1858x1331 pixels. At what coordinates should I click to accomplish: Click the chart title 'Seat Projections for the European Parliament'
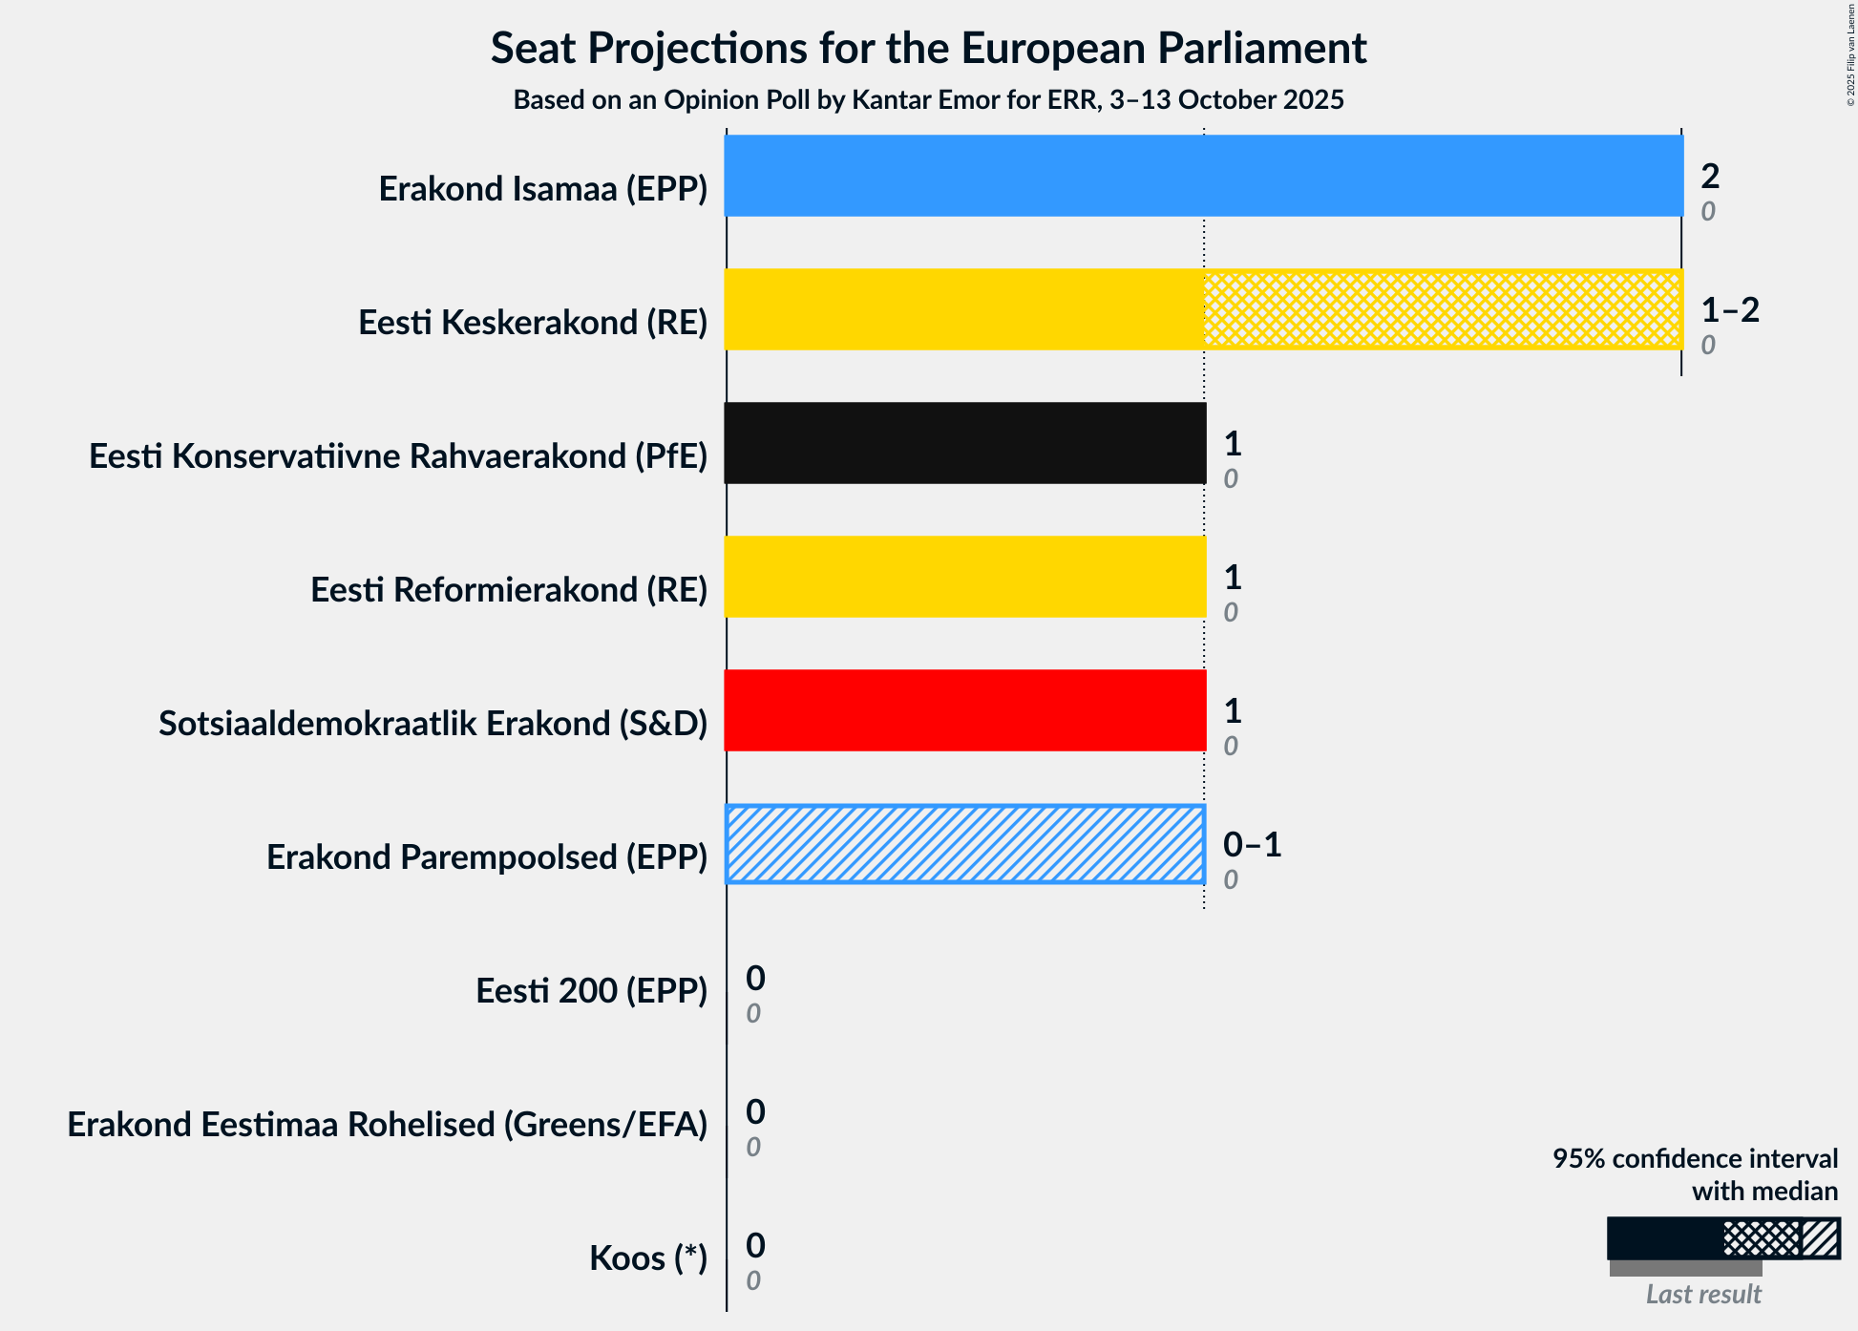point(928,48)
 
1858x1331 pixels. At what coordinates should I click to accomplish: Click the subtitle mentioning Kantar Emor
point(928,100)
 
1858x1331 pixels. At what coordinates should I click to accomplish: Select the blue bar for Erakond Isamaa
point(1203,176)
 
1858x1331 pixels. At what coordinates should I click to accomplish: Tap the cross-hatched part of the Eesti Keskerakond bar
point(1442,309)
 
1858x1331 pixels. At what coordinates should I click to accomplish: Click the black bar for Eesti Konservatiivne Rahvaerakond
point(964,443)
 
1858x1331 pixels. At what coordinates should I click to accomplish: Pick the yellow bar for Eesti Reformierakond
point(964,577)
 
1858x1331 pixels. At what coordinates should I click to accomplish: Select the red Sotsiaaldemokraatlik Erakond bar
point(964,710)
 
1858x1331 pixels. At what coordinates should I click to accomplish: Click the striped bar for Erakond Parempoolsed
point(964,844)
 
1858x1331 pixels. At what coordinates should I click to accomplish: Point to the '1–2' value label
point(1729,309)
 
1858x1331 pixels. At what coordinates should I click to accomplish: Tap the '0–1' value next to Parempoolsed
point(1252,844)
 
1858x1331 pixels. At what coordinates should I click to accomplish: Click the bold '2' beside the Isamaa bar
point(1710,176)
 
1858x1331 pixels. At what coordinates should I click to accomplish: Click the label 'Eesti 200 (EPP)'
point(591,991)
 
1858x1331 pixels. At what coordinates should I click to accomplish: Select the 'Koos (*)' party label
point(647,1258)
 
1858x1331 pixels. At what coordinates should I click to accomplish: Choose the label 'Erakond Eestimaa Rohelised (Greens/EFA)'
point(387,1125)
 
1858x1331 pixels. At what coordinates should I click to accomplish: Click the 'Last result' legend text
point(1702,1295)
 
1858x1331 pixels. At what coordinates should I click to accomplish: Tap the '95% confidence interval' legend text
point(1695,1159)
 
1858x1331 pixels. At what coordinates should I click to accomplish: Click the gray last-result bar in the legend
point(1685,1269)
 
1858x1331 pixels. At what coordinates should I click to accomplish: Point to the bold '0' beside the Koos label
point(755,1245)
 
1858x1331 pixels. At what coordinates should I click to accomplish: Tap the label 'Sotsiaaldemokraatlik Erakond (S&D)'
point(433,724)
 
